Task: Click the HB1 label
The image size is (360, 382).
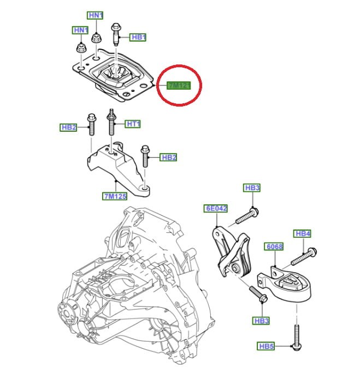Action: pyautogui.click(x=139, y=37)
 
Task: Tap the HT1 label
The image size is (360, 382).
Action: pyautogui.click(x=133, y=124)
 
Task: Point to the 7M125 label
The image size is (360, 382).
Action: pyautogui.click(x=114, y=196)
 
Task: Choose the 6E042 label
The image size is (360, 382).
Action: pyautogui.click(x=216, y=208)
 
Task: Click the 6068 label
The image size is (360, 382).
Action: pyautogui.click(x=274, y=246)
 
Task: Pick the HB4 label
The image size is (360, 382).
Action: pyautogui.click(x=303, y=233)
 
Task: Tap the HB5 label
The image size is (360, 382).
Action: pyautogui.click(x=265, y=346)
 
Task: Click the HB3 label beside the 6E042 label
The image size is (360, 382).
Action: pyautogui.click(x=252, y=188)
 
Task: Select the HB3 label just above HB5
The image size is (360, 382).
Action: pyautogui.click(x=262, y=320)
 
